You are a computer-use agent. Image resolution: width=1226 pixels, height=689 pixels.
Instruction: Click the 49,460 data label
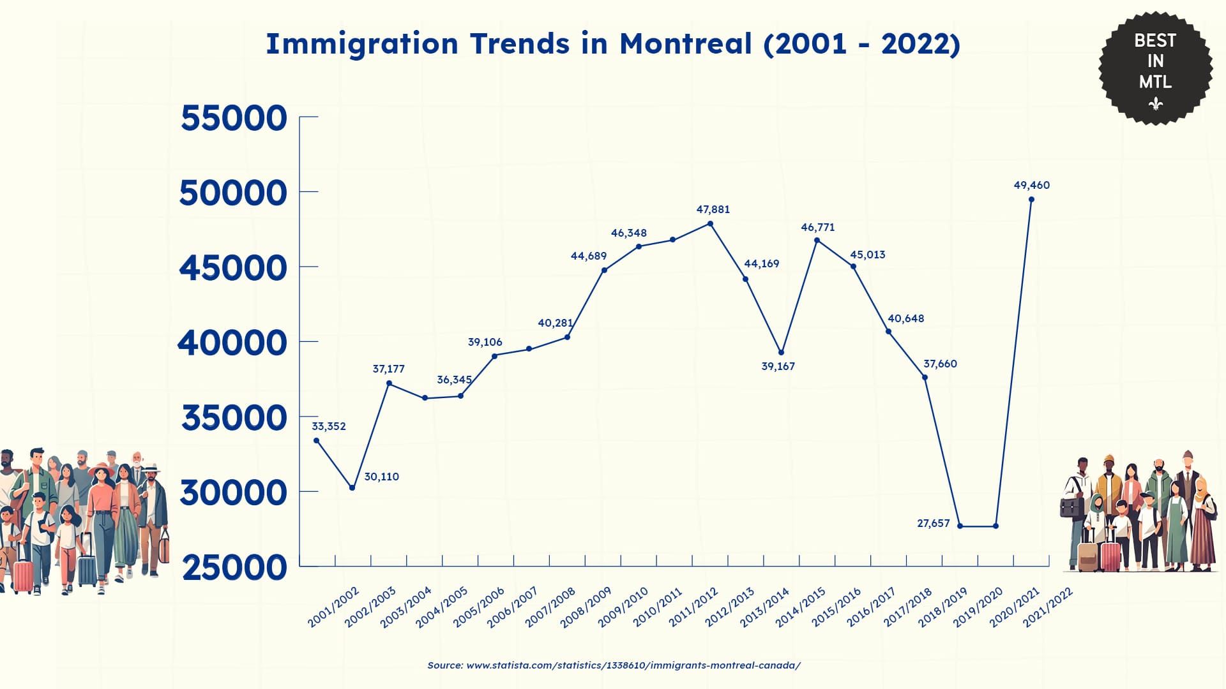click(1031, 185)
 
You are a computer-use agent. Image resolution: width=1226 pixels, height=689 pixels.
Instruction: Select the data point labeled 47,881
click(710, 224)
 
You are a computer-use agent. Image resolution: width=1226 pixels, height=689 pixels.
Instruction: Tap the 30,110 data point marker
click(352, 487)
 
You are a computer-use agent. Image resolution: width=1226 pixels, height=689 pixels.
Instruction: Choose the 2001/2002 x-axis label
click(333, 607)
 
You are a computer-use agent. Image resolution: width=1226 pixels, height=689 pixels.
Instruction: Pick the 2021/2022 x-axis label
click(1048, 607)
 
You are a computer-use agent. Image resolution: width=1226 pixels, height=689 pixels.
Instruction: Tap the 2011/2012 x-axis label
click(693, 607)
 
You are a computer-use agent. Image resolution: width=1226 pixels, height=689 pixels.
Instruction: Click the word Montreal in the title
click(686, 44)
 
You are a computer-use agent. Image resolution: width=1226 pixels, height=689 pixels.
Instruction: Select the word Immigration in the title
click(362, 44)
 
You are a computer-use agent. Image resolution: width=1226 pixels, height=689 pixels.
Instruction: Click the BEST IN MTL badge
click(1155, 67)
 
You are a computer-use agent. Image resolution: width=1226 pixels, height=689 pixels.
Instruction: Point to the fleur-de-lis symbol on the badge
click(1155, 103)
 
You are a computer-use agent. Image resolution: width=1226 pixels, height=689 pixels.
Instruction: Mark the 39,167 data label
click(778, 366)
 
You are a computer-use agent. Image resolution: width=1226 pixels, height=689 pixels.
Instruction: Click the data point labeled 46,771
click(817, 241)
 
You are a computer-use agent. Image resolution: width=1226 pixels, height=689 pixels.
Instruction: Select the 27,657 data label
click(933, 523)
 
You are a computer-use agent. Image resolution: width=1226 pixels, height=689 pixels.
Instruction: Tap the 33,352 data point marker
click(317, 440)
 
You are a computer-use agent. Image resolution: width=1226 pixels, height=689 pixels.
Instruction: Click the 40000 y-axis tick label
click(232, 343)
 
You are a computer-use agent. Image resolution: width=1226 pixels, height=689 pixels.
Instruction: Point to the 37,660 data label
click(940, 364)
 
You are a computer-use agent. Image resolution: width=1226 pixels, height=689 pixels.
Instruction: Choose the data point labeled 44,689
click(604, 270)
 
